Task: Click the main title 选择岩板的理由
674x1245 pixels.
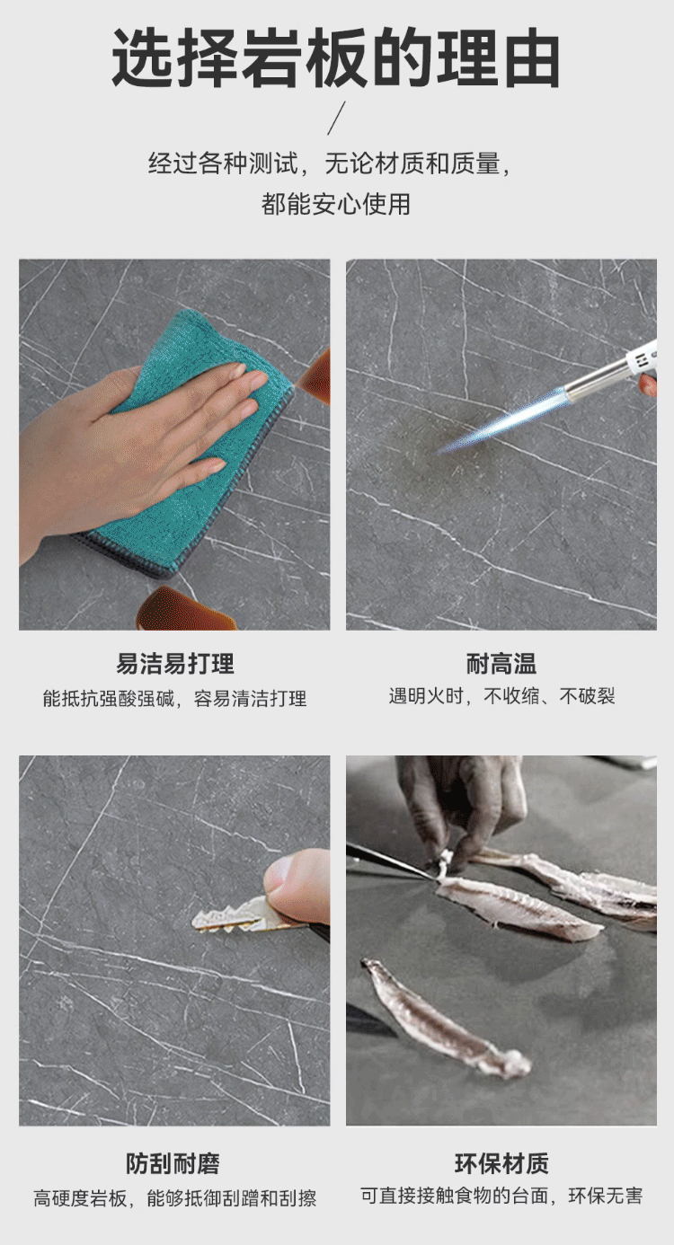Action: [336, 59]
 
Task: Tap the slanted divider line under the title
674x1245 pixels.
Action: [336, 118]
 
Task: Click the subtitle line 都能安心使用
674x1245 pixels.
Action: [336, 204]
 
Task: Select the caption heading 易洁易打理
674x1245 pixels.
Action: [174, 663]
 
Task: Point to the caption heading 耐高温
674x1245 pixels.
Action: [501, 663]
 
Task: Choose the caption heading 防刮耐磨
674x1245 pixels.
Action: [173, 1163]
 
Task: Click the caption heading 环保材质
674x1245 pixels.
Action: [501, 1163]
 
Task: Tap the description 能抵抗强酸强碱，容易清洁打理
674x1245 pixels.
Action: [174, 698]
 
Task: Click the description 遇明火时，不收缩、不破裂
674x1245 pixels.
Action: [501, 695]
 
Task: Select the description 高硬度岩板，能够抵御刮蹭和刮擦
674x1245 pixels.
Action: [174, 1197]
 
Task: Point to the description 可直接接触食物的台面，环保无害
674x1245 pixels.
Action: [501, 1195]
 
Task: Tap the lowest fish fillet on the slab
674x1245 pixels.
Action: [445, 1017]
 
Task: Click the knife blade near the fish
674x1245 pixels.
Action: [389, 861]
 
